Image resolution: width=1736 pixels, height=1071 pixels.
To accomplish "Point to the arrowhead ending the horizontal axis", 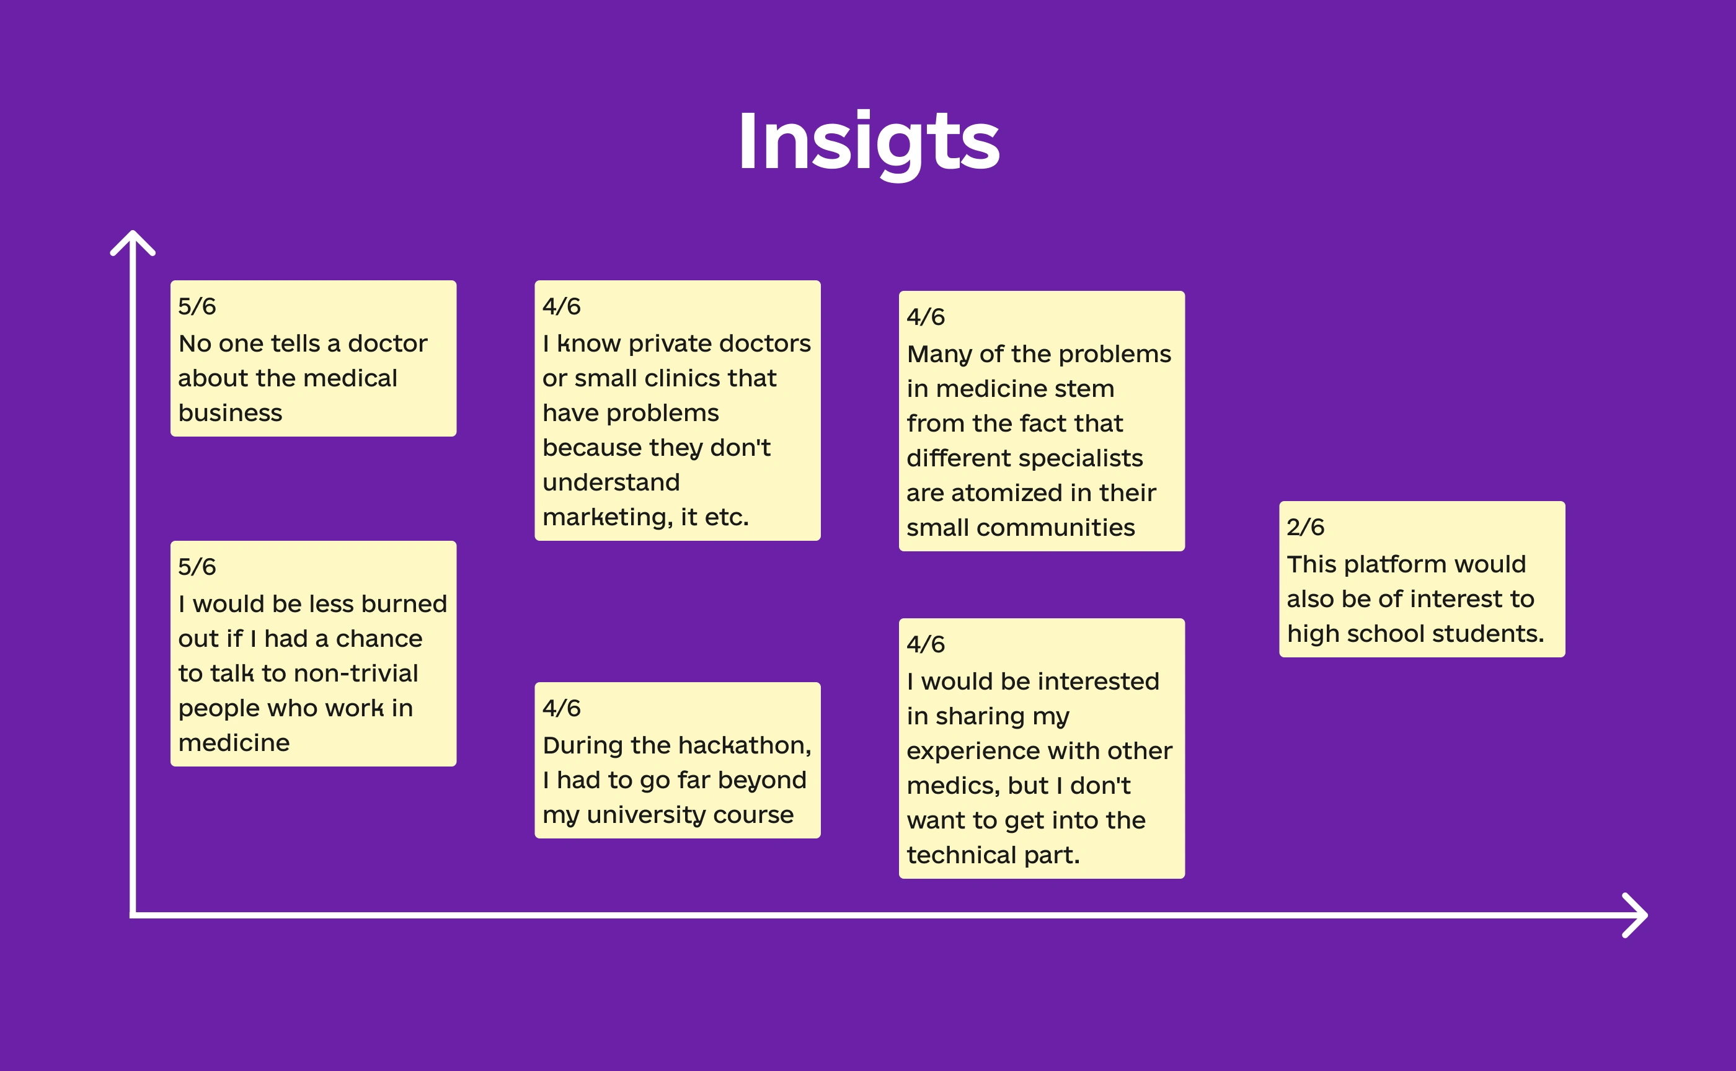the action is pos(1635,915).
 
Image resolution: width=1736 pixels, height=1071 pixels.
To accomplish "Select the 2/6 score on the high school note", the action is pos(1305,527).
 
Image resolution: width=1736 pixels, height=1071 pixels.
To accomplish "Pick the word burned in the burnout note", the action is pos(404,603).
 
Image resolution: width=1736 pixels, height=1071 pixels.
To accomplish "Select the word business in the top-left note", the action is pos(230,413).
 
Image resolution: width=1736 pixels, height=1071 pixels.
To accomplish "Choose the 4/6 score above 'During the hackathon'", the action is pos(562,708).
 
